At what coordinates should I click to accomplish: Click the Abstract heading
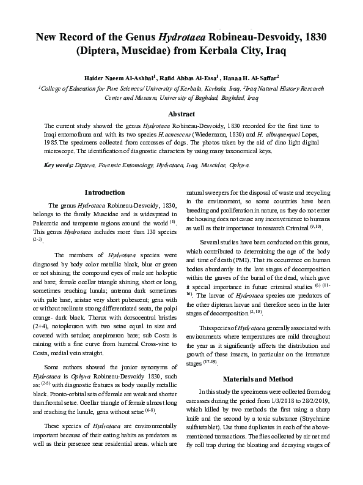(182, 113)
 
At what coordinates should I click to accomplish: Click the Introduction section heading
(105, 192)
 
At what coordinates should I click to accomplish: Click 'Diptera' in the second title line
(101, 51)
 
